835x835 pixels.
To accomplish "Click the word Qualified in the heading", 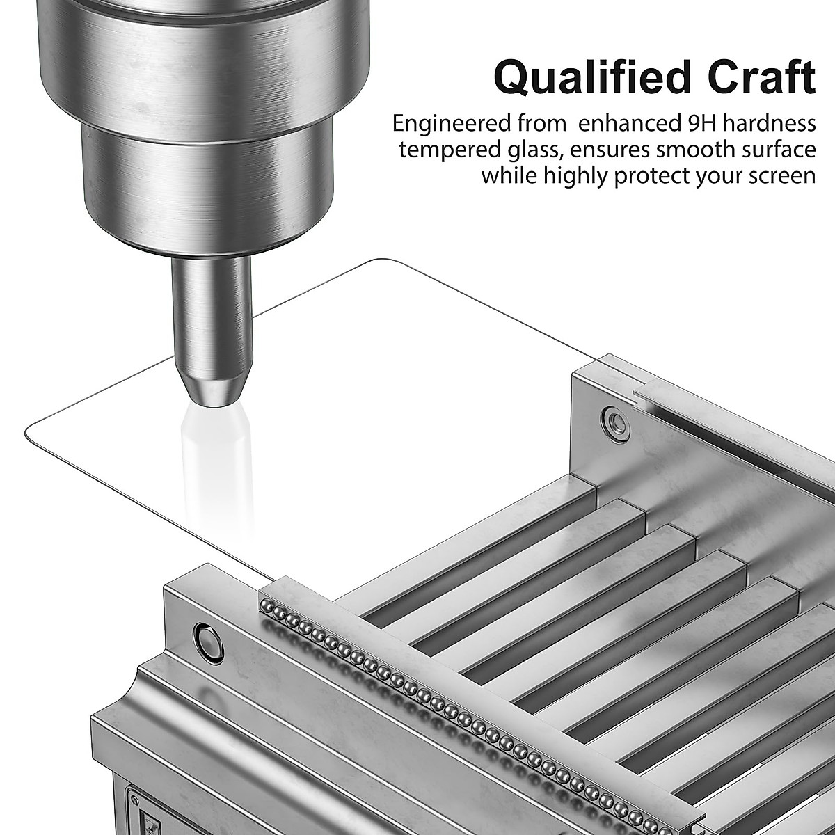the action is click(592, 79).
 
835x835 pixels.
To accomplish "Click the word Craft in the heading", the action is click(762, 77).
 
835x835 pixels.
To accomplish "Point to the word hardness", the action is click(769, 123).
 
